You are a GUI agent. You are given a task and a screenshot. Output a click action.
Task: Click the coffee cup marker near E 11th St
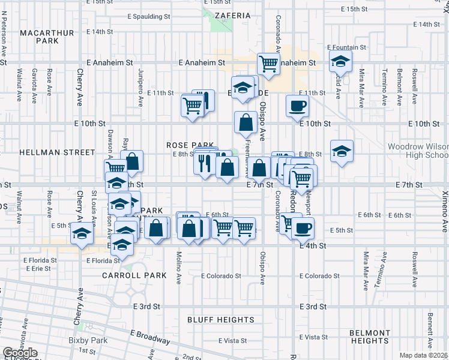tap(297, 106)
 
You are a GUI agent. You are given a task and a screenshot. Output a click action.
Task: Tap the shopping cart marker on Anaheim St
tap(268, 63)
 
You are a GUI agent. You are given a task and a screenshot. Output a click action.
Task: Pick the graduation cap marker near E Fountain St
tap(340, 61)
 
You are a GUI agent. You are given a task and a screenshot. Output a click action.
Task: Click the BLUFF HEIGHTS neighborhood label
tap(220, 320)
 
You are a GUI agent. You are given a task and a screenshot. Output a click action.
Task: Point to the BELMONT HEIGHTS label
tap(370, 337)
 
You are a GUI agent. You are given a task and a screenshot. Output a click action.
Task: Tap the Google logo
tap(20, 353)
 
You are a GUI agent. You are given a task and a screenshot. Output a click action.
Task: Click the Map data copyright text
tap(423, 355)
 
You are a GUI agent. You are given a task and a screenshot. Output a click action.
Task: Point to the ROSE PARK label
tap(190, 145)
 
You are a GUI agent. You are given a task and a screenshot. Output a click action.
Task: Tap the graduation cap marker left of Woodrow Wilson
tap(341, 151)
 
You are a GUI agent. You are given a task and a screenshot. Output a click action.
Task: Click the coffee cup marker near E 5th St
tap(303, 227)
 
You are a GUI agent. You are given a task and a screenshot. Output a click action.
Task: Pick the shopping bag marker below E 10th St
tap(246, 123)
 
